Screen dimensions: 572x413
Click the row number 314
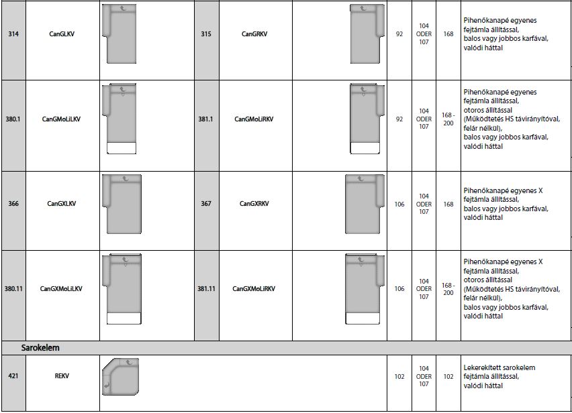pos(13,34)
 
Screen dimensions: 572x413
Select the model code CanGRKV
pos(254,34)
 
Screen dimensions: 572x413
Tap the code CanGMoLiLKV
pos(61,119)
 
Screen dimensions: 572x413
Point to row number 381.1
pos(205,119)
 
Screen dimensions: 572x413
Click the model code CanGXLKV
pos(62,204)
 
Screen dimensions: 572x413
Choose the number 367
pos(205,204)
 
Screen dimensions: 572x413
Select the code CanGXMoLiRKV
pos(254,289)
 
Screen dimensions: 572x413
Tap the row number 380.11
pos(13,289)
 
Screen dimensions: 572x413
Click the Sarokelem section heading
pos(40,348)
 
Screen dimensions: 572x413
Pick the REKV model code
pos(62,376)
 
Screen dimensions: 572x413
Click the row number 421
pos(13,376)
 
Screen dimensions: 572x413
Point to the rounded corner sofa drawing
pos(120,377)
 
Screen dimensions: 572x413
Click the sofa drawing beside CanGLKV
pos(120,34)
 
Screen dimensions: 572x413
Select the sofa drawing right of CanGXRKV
pos(365,204)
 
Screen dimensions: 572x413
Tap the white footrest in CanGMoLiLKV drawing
pos(122,148)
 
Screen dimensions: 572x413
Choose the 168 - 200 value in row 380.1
pos(448,119)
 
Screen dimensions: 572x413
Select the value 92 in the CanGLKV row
pos(399,34)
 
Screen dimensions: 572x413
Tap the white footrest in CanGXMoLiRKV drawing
pos(363,318)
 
